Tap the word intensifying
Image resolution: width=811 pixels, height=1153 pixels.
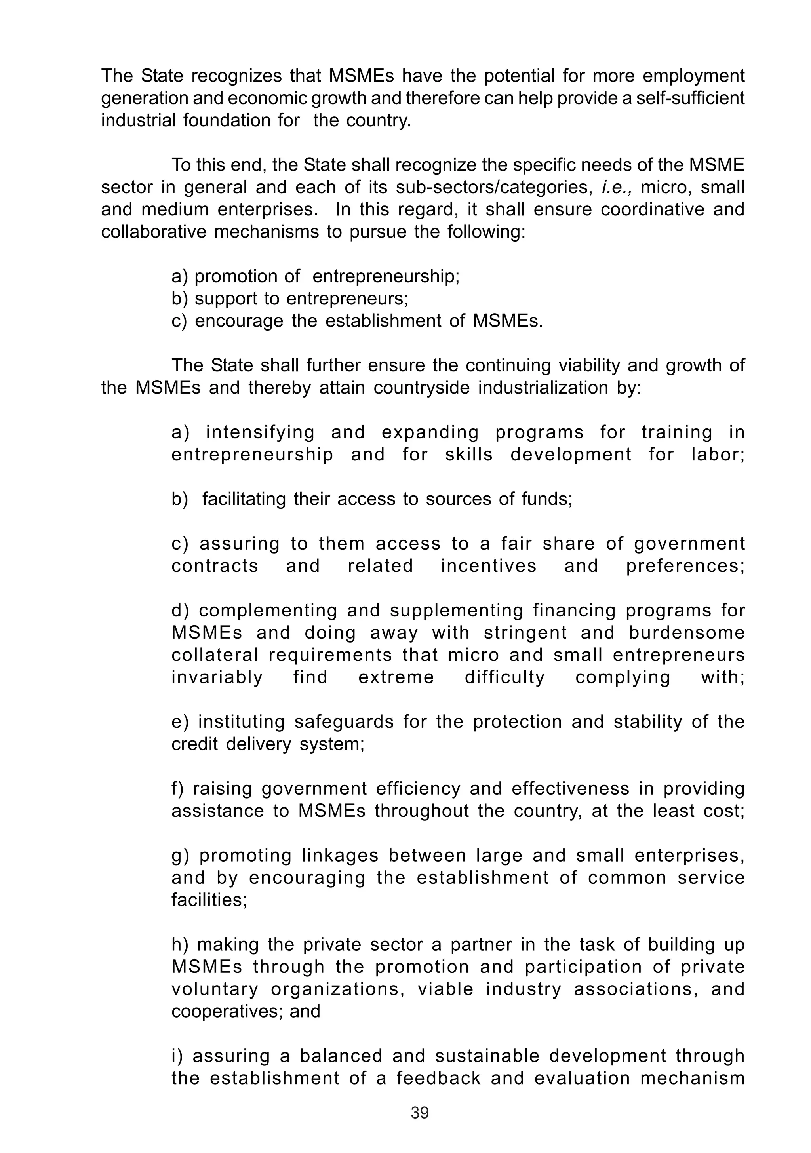pyautogui.click(x=260, y=432)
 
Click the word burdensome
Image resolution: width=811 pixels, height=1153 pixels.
pyautogui.click(x=687, y=633)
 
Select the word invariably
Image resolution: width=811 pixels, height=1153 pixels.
pyautogui.click(x=217, y=677)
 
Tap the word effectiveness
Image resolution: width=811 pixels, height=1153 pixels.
pyautogui.click(x=570, y=789)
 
